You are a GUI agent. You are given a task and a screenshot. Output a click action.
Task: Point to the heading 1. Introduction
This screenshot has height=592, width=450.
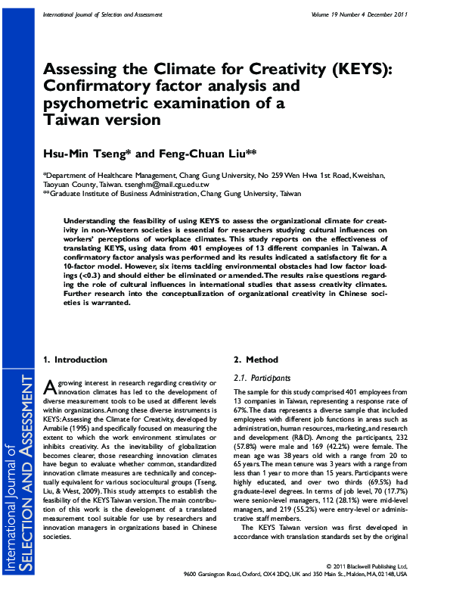[76, 360]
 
